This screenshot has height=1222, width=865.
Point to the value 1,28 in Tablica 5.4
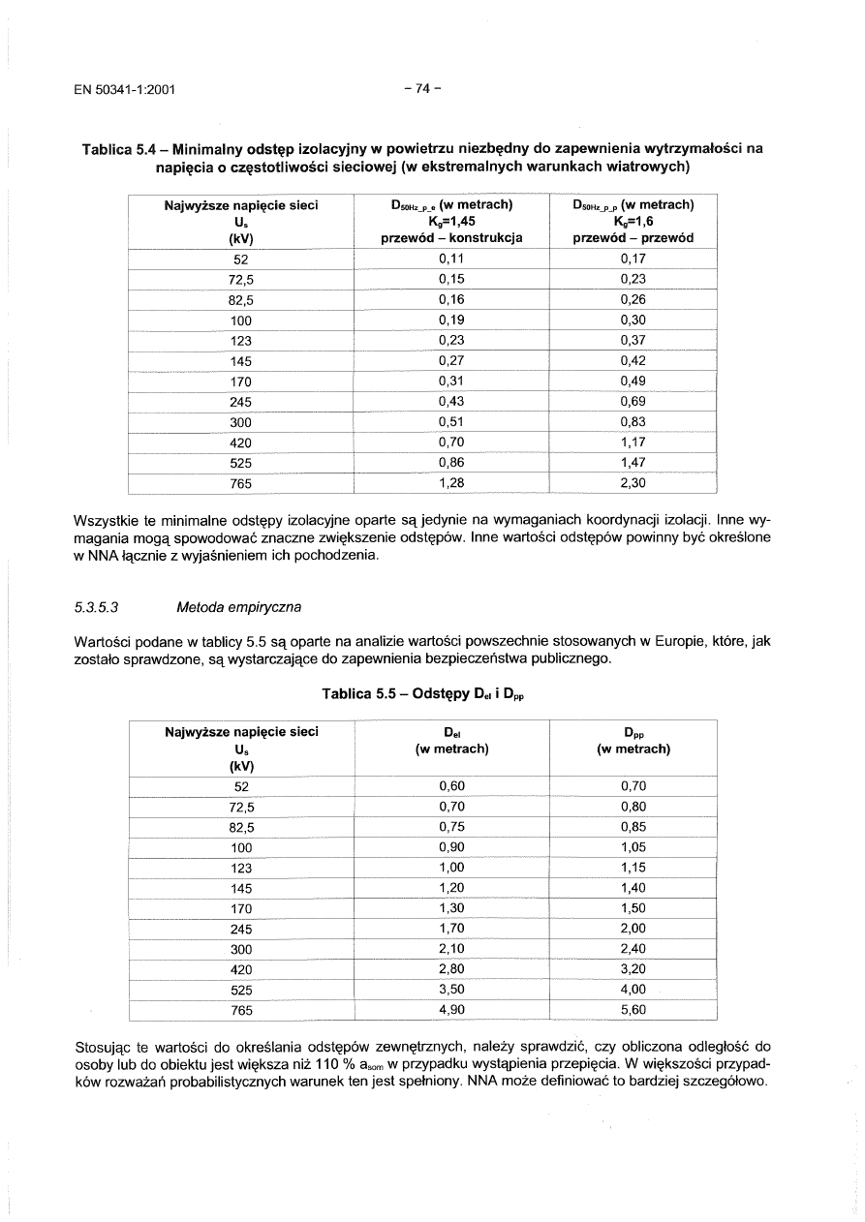(452, 482)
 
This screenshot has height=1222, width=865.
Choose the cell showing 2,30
(633, 482)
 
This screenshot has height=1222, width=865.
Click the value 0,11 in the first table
(452, 260)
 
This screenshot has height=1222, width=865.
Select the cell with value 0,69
(633, 402)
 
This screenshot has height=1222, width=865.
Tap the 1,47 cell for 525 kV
(633, 463)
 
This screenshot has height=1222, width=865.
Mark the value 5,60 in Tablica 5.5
(633, 1010)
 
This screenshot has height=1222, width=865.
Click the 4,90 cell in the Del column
(452, 1010)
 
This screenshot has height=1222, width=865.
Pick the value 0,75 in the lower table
(452, 827)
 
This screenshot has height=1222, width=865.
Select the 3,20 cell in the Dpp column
(633, 969)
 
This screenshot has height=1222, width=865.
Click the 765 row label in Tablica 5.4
(241, 483)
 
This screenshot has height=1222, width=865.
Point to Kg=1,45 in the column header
(452, 221)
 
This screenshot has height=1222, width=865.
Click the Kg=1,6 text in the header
(633, 221)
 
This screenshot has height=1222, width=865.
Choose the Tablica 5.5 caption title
(422, 694)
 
